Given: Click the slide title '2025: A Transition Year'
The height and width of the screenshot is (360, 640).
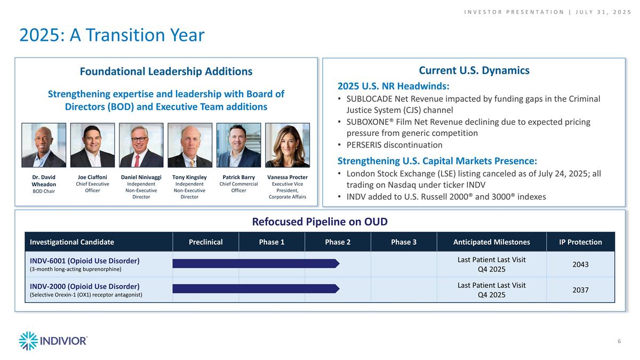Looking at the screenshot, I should tap(112, 35).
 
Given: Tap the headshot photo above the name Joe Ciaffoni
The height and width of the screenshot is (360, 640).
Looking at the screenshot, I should tap(92, 145).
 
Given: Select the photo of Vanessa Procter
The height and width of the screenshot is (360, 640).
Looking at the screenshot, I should tap(287, 145).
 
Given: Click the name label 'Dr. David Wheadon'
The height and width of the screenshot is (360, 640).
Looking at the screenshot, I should tap(44, 180).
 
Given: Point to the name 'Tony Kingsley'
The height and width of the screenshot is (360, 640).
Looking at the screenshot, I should tap(189, 177).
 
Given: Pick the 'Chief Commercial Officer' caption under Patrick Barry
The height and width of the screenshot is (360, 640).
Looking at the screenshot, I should tap(238, 187).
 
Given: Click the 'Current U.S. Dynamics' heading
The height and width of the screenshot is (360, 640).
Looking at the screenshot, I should tap(474, 70).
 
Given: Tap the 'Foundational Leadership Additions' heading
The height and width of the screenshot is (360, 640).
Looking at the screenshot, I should tap(166, 71).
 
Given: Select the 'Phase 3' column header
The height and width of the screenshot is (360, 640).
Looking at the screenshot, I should tap(404, 242).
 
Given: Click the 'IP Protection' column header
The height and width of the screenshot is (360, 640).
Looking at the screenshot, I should tap(580, 242).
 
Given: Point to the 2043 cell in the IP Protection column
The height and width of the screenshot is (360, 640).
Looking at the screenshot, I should tap(580, 265).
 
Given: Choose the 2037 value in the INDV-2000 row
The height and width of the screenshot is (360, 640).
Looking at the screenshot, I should tap(580, 290).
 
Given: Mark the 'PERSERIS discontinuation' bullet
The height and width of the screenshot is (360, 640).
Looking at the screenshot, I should tap(394, 145).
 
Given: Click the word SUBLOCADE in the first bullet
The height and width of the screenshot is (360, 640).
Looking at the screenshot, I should tap(372, 99).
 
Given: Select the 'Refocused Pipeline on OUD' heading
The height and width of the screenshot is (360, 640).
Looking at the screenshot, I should tap(319, 222).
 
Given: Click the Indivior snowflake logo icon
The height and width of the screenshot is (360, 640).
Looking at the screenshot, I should tap(28, 341).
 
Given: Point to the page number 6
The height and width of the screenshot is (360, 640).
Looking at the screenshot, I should tap(619, 341).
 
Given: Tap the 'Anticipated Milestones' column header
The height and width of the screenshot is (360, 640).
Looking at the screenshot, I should tap(491, 242).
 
